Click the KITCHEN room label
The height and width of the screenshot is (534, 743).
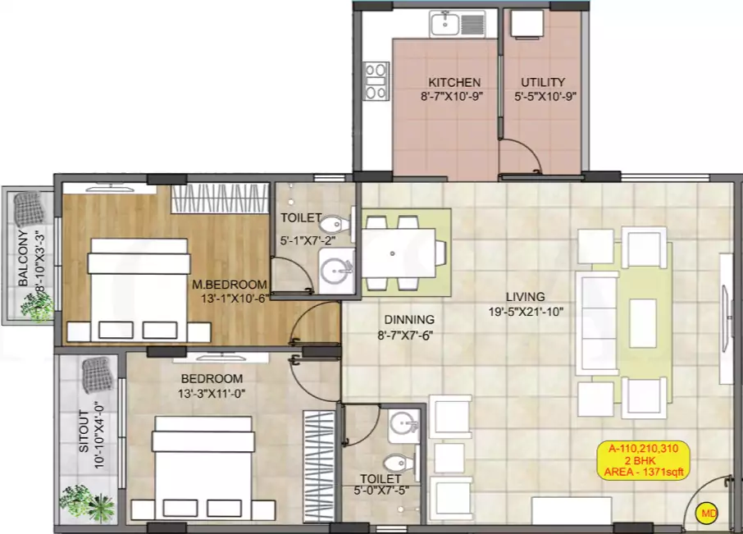454,82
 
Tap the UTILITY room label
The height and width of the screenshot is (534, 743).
543,82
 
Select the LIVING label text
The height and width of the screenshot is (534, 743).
526,297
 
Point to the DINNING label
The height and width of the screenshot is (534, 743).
409,320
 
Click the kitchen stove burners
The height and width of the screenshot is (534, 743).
376,80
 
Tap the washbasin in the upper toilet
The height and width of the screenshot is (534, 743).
335,267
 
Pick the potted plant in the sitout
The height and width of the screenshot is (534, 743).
86,502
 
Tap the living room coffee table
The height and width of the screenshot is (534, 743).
644,323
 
